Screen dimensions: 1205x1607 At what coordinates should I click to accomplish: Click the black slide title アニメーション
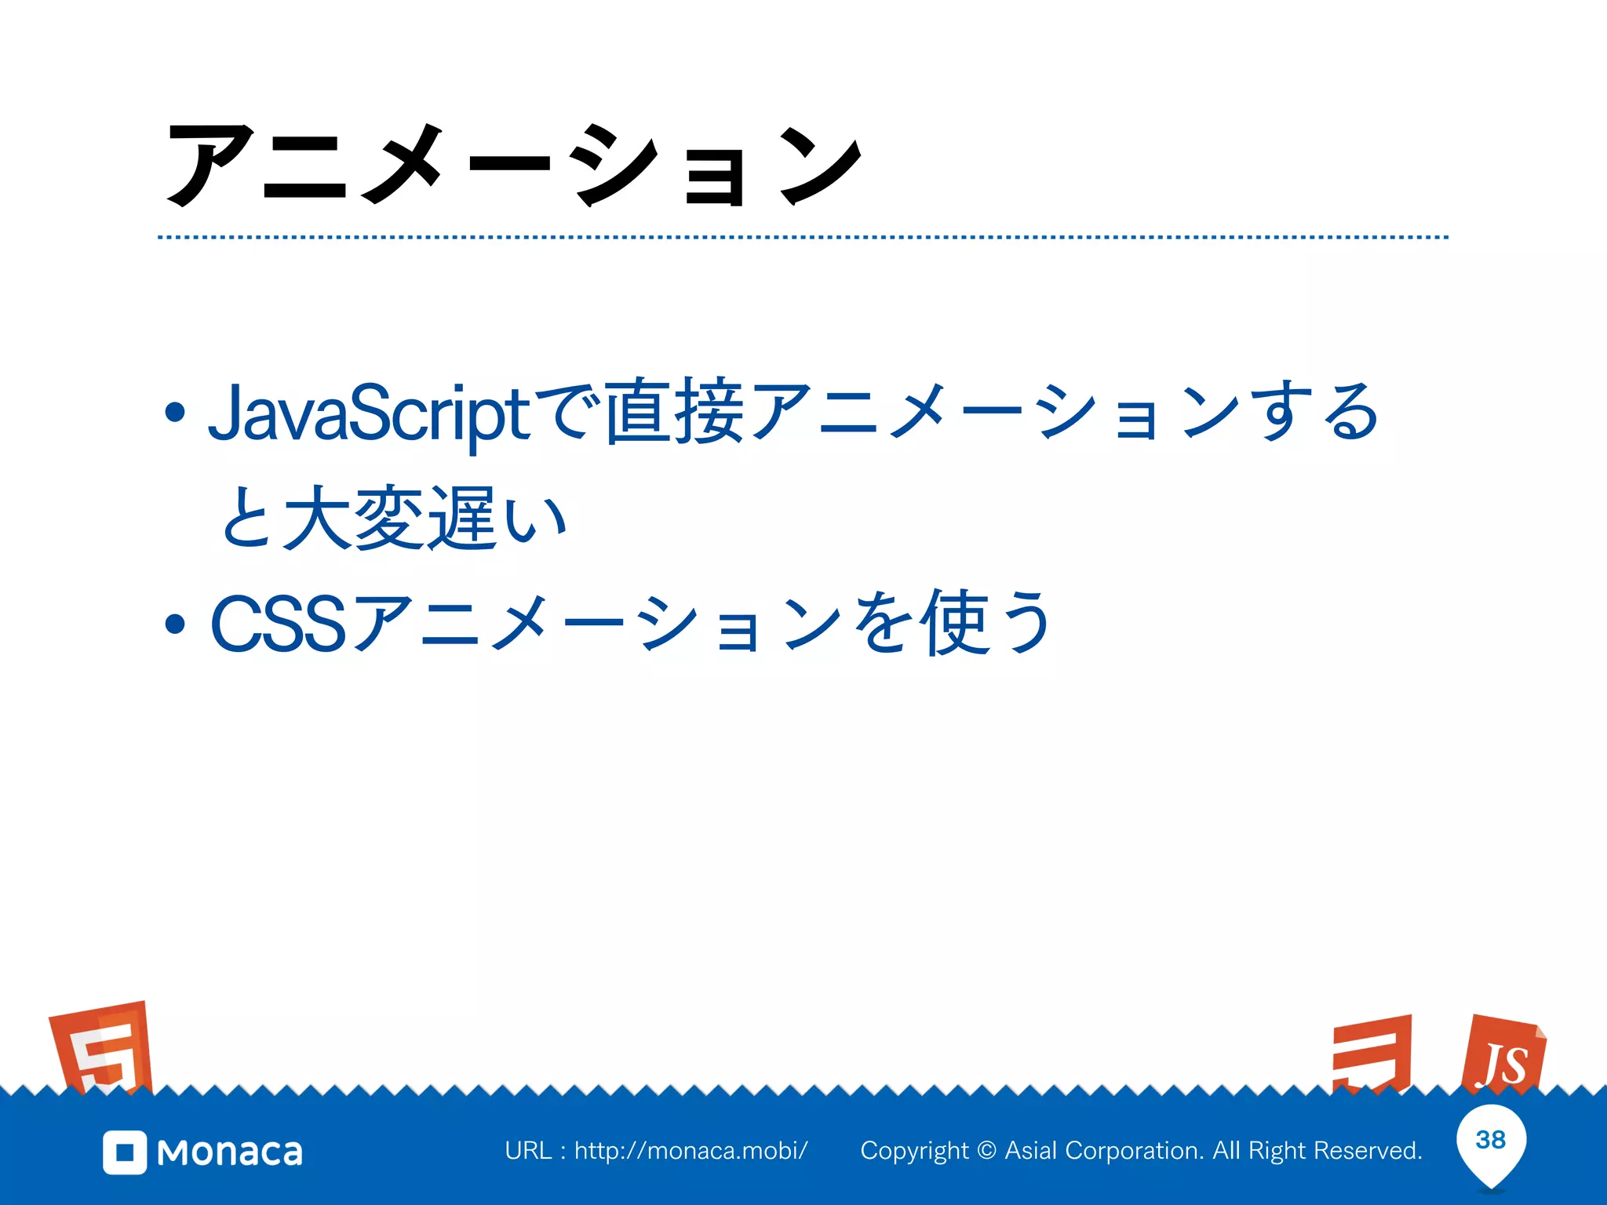tap(514, 165)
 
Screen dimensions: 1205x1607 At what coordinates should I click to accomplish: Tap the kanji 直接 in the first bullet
tap(675, 411)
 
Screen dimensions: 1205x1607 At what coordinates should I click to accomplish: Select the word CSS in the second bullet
tap(278, 624)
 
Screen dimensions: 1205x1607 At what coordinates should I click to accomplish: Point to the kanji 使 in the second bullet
tap(954, 623)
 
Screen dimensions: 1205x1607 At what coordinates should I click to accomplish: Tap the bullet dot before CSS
tap(175, 624)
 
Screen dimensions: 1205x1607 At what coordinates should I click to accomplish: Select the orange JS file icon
tap(1503, 1055)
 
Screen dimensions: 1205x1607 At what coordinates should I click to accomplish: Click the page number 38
tap(1490, 1140)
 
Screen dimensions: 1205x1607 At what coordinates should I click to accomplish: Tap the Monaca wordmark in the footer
tap(229, 1152)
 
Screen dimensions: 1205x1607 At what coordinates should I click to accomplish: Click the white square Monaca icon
tap(125, 1152)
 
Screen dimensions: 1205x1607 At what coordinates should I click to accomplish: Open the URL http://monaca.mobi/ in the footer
tap(691, 1151)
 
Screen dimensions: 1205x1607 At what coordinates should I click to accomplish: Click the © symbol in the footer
tap(987, 1151)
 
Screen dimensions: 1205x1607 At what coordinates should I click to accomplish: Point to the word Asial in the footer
tap(1032, 1151)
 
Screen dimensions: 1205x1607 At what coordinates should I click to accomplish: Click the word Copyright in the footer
tap(914, 1151)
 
